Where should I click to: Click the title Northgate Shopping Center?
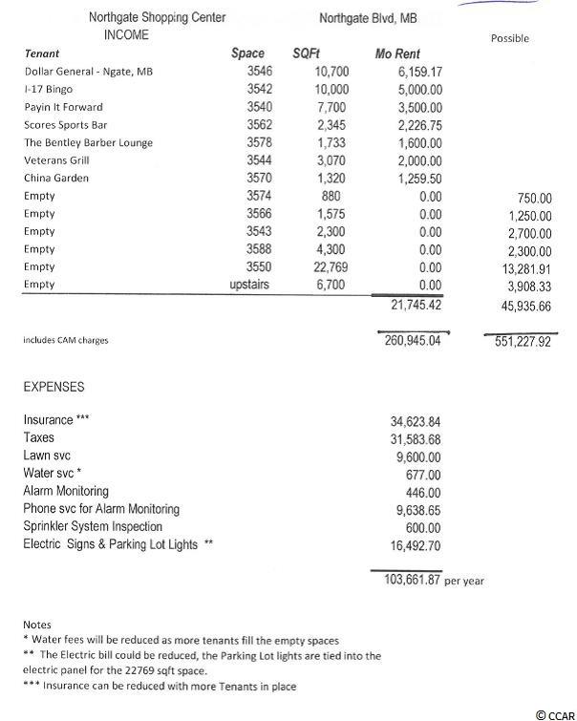[x=145, y=17]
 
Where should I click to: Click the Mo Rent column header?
[x=396, y=54]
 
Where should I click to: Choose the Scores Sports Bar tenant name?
[x=64, y=125]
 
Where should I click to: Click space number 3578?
[x=259, y=142]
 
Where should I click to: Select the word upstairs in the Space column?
[x=252, y=285]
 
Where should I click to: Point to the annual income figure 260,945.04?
[x=411, y=339]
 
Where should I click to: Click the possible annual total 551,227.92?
[x=519, y=340]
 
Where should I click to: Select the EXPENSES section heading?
[x=53, y=387]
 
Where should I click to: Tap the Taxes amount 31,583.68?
[x=416, y=438]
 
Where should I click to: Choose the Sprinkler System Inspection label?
[x=93, y=526]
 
